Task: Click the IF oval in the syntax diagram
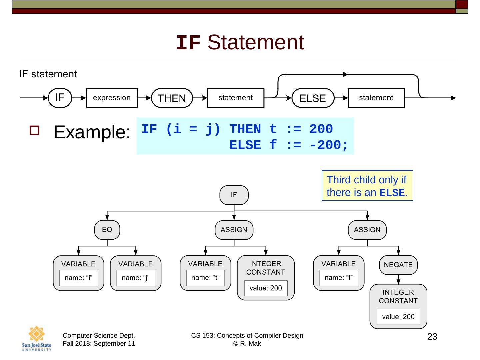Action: click(x=60, y=98)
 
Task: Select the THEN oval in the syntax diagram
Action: click(x=172, y=98)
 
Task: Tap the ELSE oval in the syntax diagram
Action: click(x=313, y=98)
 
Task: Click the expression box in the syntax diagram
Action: click(x=112, y=98)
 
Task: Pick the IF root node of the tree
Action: click(x=234, y=195)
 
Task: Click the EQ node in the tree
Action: click(x=107, y=230)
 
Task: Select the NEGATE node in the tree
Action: click(x=398, y=265)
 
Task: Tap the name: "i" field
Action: click(x=78, y=278)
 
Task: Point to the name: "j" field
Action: click(x=135, y=278)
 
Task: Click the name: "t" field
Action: click(x=205, y=277)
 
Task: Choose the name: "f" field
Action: click(x=339, y=277)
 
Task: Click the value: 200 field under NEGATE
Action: click(x=398, y=317)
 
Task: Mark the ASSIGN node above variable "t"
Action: click(x=234, y=230)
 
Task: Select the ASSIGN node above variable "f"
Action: click(x=367, y=230)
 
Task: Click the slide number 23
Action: click(x=432, y=337)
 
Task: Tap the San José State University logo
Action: click(x=37, y=338)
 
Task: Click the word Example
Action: click(x=91, y=132)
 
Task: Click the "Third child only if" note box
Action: click(x=367, y=186)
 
